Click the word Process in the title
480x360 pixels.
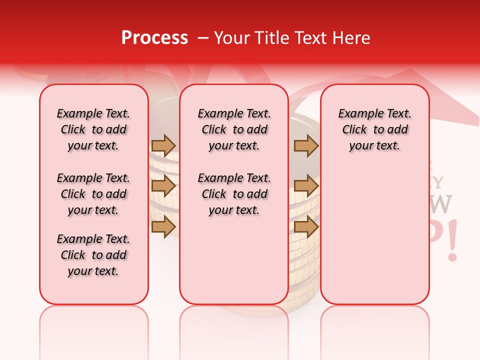pos(154,38)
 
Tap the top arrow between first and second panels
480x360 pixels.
pos(163,145)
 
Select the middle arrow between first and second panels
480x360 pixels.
pos(163,186)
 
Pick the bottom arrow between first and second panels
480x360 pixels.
pos(163,226)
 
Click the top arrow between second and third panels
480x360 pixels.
pos(306,145)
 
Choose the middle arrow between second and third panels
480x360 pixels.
pos(306,186)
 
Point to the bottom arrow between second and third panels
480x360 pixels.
pos(306,226)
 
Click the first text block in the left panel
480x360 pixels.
pos(93,129)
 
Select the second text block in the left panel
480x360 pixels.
pos(93,194)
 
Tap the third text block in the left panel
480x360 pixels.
pos(93,255)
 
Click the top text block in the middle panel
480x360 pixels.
pos(234,129)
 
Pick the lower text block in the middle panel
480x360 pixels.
pos(234,194)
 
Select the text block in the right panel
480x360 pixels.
pos(374,129)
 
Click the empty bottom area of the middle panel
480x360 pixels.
pos(234,260)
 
